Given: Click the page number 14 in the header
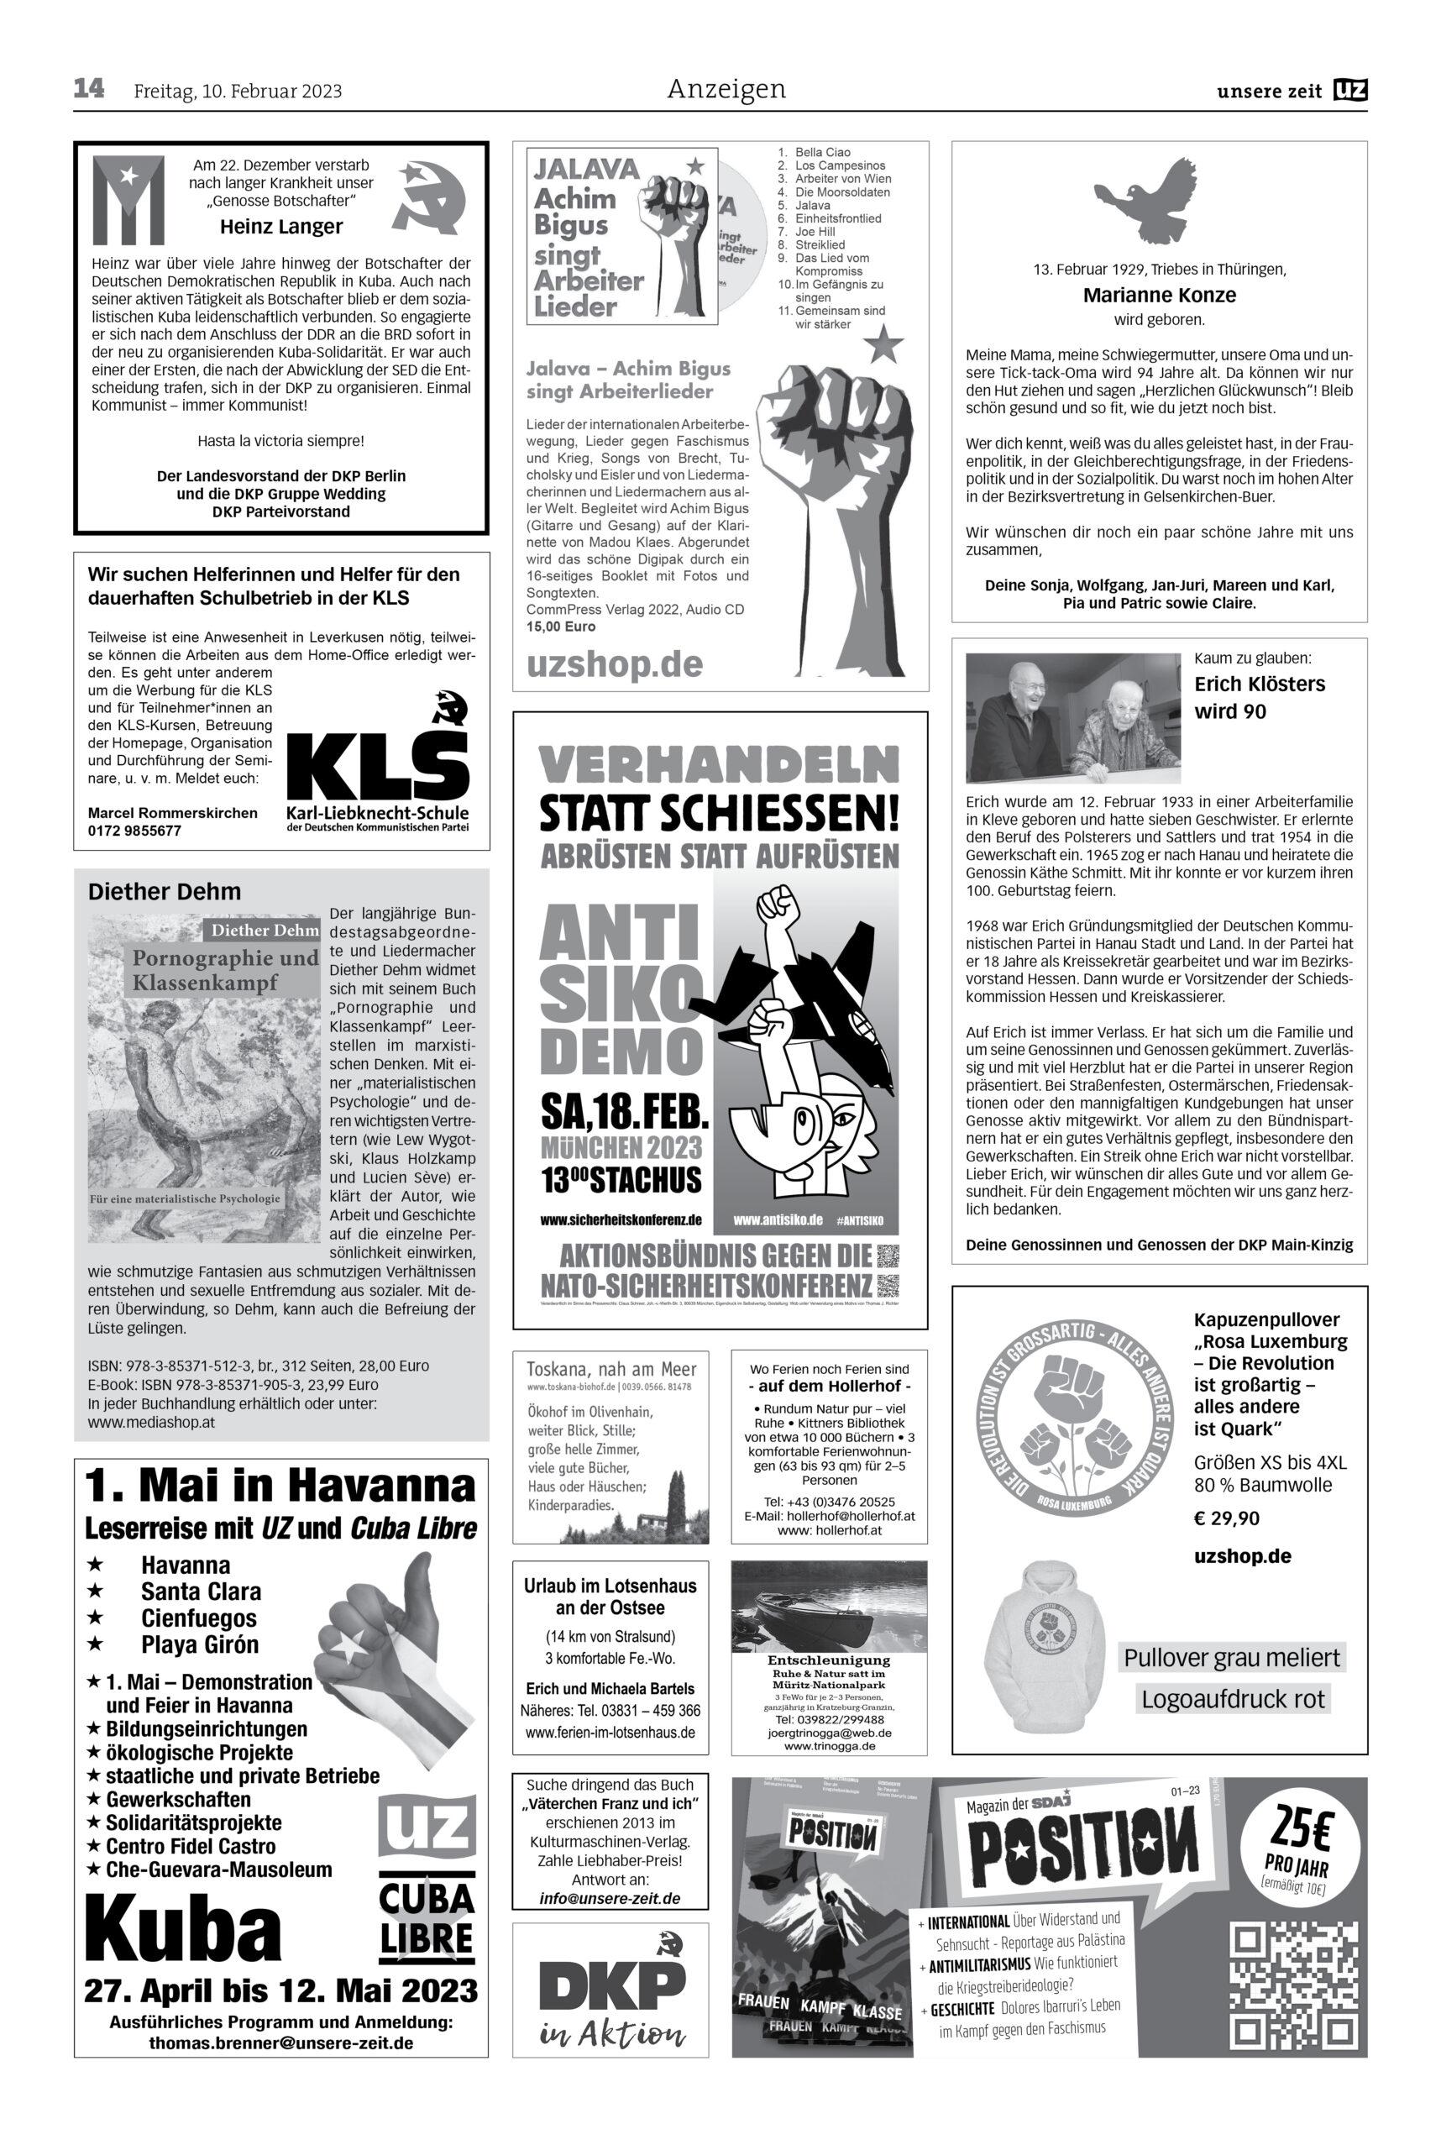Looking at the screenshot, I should (89, 89).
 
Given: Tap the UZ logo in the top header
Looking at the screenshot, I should (1350, 90).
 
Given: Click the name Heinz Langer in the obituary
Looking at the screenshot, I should (281, 226).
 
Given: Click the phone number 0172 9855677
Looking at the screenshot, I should (134, 831).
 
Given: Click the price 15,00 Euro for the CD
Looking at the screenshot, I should (561, 626).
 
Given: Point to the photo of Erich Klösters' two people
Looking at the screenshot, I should (1072, 717).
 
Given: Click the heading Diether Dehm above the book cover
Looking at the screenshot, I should (165, 892).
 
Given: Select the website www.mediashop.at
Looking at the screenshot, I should (152, 1422).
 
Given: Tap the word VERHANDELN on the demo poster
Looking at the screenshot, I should (719, 765).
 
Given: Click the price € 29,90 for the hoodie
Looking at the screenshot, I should (1227, 1518).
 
